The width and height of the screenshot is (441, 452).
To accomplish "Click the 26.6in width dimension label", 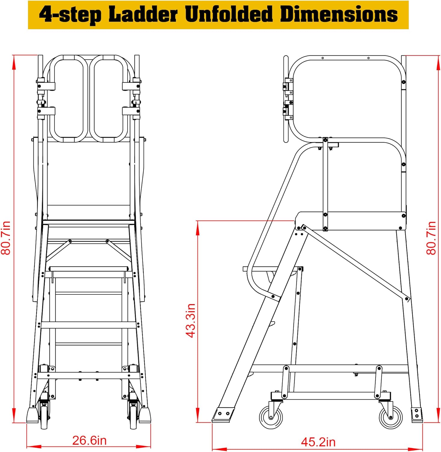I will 89,440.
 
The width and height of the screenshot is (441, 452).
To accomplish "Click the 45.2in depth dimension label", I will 318,442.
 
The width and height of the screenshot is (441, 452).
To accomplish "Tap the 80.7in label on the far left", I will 6,238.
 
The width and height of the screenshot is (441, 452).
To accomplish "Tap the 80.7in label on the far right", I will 431,238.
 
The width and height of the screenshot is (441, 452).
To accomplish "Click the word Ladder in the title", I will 143,14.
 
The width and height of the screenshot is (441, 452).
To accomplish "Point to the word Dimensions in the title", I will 339,14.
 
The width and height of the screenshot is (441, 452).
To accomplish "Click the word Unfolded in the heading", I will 229,14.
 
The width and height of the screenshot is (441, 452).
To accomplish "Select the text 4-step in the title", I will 70,15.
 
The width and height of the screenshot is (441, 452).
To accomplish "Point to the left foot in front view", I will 32,415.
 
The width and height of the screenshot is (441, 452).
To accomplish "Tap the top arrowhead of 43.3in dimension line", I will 198,229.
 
